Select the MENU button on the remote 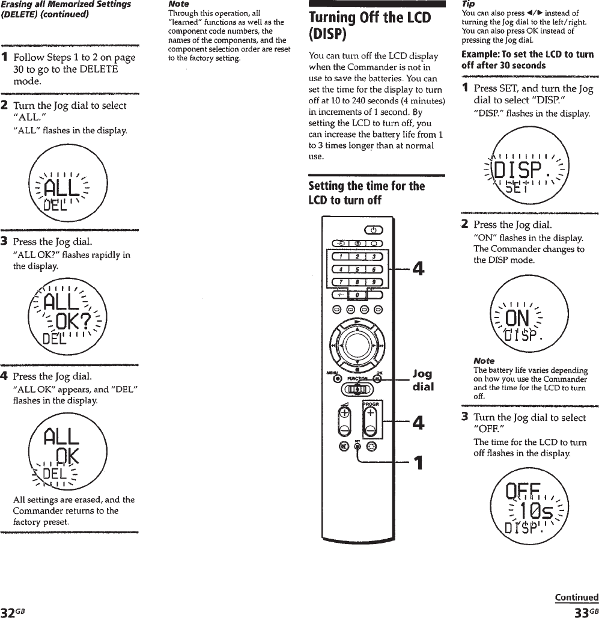click(x=337, y=378)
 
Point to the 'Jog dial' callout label click(x=423, y=380)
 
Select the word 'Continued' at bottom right click(x=576, y=597)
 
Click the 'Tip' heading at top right click(x=467, y=4)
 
